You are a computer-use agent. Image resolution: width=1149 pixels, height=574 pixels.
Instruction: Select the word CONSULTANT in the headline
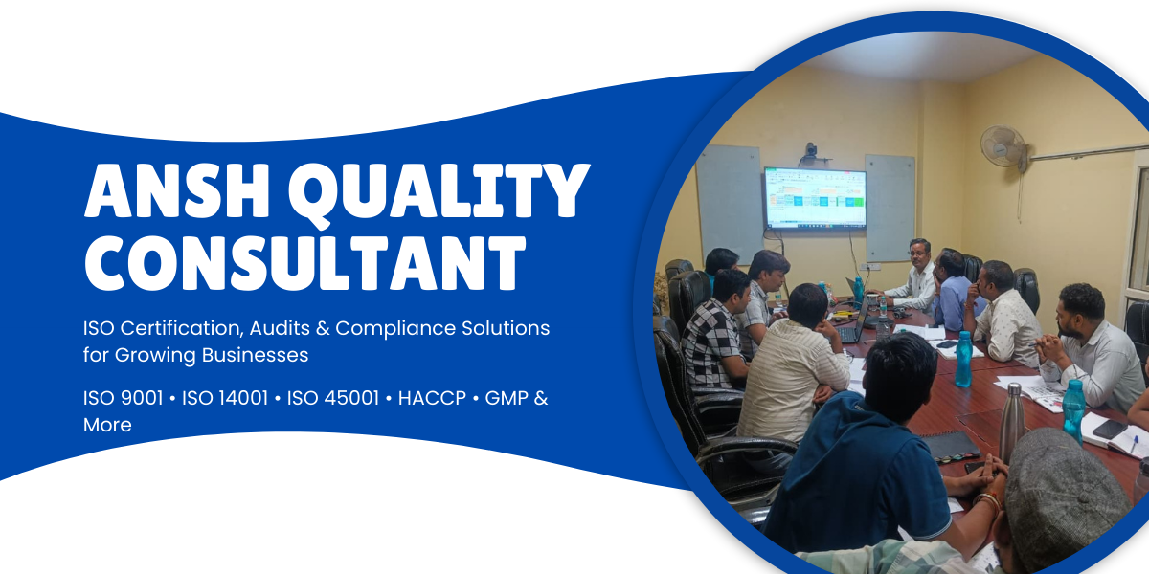pyautogui.click(x=305, y=263)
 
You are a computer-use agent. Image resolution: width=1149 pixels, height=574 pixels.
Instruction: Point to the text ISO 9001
pyautogui.click(x=124, y=398)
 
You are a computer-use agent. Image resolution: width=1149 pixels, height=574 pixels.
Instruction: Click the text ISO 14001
pyautogui.click(x=225, y=398)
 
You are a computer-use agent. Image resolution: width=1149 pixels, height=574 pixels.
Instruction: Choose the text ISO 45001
pyautogui.click(x=333, y=398)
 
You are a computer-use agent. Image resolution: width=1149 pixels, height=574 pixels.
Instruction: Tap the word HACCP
pyautogui.click(x=432, y=398)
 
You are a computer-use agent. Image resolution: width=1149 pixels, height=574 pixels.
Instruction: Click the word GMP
pyautogui.click(x=506, y=398)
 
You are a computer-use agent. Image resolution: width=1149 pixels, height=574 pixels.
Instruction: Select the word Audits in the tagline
pyautogui.click(x=280, y=328)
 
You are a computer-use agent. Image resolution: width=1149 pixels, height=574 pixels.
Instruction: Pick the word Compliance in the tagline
pyautogui.click(x=394, y=329)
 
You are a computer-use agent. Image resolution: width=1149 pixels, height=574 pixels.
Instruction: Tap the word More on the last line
pyautogui.click(x=107, y=425)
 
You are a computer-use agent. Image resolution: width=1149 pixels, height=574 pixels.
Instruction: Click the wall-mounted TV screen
pyautogui.click(x=815, y=197)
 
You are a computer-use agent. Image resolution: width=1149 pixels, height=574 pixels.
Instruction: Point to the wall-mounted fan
pyautogui.click(x=1003, y=147)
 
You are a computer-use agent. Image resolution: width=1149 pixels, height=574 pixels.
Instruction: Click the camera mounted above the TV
pyautogui.click(x=811, y=154)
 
